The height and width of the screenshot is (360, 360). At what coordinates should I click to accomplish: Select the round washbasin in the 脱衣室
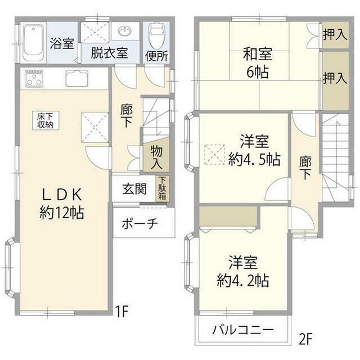pyautogui.click(x=125, y=31)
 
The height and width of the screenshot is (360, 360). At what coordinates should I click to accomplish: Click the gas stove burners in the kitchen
pyautogui.click(x=34, y=78)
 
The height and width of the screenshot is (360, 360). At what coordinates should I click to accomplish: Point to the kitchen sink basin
pyautogui.click(x=77, y=78)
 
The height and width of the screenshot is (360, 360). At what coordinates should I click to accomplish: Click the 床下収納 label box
pyautogui.click(x=46, y=121)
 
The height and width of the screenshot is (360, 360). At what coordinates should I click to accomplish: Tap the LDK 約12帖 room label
pyautogui.click(x=61, y=204)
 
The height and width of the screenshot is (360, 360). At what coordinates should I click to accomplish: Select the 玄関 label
pyautogui.click(x=134, y=189)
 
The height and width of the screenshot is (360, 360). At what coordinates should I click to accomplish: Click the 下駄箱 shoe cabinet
pyautogui.click(x=163, y=188)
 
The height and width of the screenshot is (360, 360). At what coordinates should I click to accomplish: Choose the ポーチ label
pyautogui.click(x=139, y=223)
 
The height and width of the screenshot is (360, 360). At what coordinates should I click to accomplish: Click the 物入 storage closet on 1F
pyautogui.click(x=156, y=155)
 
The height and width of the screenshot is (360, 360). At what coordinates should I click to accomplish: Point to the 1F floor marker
pyautogui.click(x=121, y=311)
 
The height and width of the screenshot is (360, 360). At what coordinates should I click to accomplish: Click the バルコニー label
pyautogui.click(x=242, y=330)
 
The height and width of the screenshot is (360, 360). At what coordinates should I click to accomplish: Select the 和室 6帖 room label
pyautogui.click(x=258, y=62)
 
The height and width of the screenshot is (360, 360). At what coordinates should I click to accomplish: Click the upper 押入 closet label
pyautogui.click(x=335, y=35)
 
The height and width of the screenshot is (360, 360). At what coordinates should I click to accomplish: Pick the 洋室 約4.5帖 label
pyautogui.click(x=254, y=150)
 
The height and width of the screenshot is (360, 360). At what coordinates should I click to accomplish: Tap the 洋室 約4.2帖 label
pyautogui.click(x=243, y=271)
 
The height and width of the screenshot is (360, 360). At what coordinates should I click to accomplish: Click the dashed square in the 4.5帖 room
pyautogui.click(x=214, y=154)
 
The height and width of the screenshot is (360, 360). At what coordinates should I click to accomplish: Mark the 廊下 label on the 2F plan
pyautogui.click(x=305, y=168)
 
